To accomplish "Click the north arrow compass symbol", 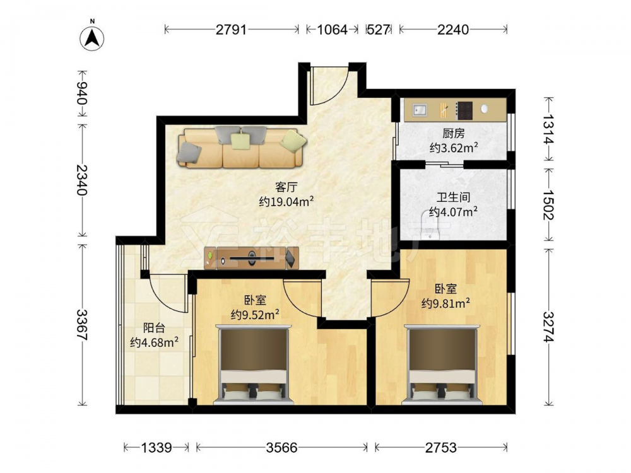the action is pos(91,38).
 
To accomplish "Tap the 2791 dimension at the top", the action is pos(231,30).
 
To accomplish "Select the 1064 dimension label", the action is pos(332,30).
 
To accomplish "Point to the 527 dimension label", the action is pos(378,30).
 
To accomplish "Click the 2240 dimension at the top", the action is pos(453,30).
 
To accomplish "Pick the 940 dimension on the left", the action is pos(82,93).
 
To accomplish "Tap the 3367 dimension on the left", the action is pos(82,325).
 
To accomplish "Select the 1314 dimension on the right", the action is pos(548,129).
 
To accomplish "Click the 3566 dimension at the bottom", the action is pos(281,447).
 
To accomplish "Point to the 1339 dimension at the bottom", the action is pos(156,447).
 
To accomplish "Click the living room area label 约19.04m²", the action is pos(286,201).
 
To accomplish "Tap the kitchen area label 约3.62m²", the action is pos(454,148).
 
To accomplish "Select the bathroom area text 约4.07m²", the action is pos(453,211).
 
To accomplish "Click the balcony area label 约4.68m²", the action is pos(154,342).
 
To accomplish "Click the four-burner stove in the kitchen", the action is pos(464,110).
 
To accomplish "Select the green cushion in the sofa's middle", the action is pos(240,141).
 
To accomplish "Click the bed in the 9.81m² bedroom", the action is pos(442,364).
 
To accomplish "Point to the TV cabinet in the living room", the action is pos(252,258).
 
